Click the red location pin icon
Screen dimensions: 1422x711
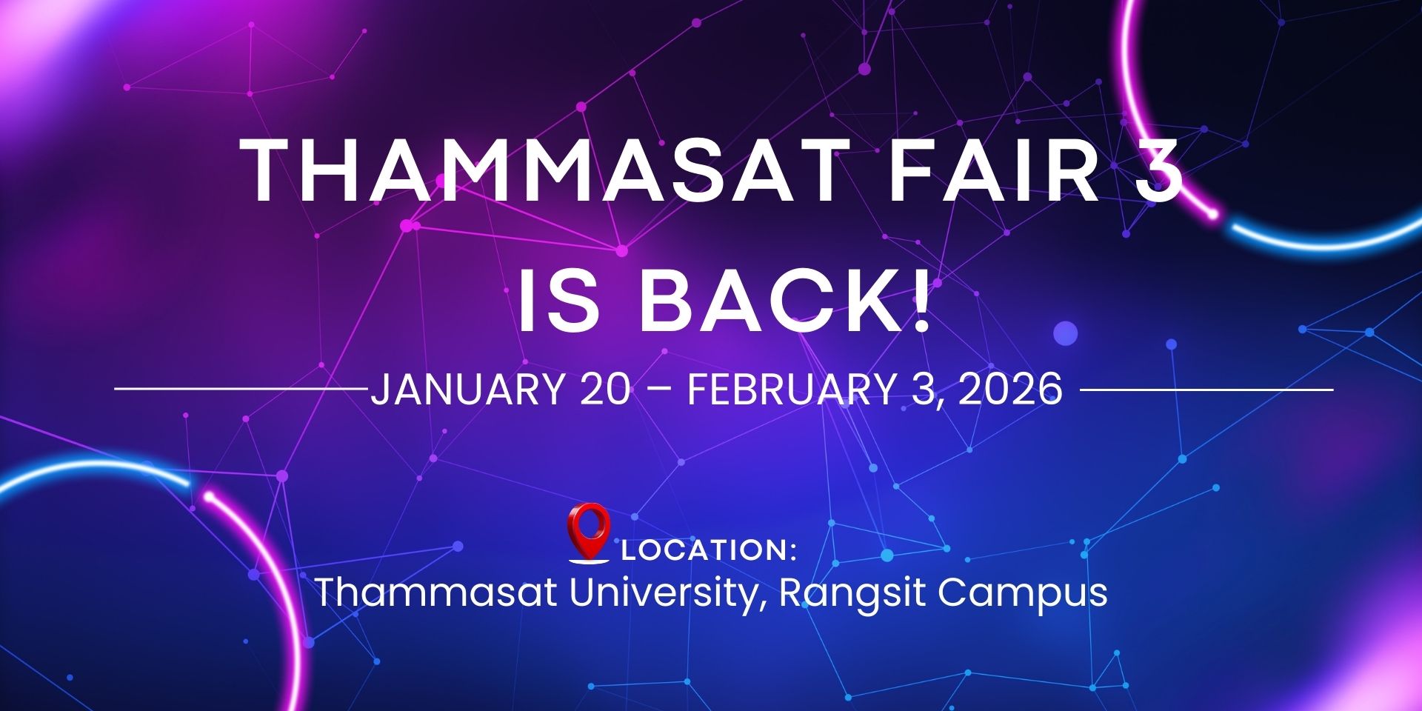click(x=589, y=533)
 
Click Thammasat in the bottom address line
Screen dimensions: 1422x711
click(x=437, y=592)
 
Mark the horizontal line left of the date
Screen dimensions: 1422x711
click(x=241, y=389)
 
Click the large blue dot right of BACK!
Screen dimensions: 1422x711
click(x=1065, y=333)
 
